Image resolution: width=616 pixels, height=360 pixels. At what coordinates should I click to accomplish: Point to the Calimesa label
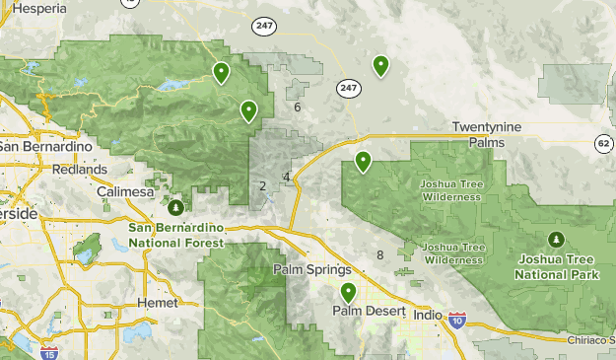125,191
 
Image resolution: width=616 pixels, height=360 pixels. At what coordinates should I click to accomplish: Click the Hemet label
157,302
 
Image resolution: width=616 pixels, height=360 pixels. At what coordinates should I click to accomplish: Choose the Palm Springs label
311,270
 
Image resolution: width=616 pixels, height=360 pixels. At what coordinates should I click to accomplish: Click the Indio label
427,315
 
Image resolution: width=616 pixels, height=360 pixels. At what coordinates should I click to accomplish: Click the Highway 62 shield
603,144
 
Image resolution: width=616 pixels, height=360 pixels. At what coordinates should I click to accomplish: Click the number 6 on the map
297,107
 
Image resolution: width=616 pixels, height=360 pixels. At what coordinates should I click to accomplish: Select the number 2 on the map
262,185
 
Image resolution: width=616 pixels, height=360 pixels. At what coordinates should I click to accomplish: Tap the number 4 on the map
286,177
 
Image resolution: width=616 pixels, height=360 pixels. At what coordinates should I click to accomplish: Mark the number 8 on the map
379,255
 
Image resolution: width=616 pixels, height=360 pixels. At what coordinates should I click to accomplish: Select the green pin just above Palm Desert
348,293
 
